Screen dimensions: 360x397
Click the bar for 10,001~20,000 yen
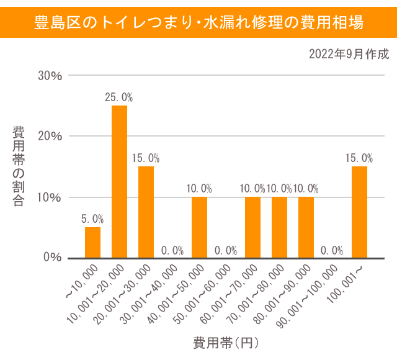tap(119, 181)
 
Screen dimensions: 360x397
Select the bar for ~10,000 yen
tap(92, 242)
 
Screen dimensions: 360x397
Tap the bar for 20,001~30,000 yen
tap(146, 212)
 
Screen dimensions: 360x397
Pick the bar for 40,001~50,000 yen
tap(199, 227)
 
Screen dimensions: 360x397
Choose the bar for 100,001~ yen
tap(359, 212)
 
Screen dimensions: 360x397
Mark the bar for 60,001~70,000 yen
tap(252, 227)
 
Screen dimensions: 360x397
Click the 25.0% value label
tap(119, 97)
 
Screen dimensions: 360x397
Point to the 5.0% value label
tap(92, 219)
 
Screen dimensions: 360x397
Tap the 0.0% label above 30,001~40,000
tap(172, 250)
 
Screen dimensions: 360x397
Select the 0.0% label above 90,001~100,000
tap(332, 250)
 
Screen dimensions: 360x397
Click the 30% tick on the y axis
tap(50, 76)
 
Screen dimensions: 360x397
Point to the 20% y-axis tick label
tap(50, 137)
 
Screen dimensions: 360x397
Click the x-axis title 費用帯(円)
tap(225, 342)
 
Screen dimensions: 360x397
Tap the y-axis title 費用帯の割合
tap(19, 166)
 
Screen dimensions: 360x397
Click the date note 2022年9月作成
tap(349, 54)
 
